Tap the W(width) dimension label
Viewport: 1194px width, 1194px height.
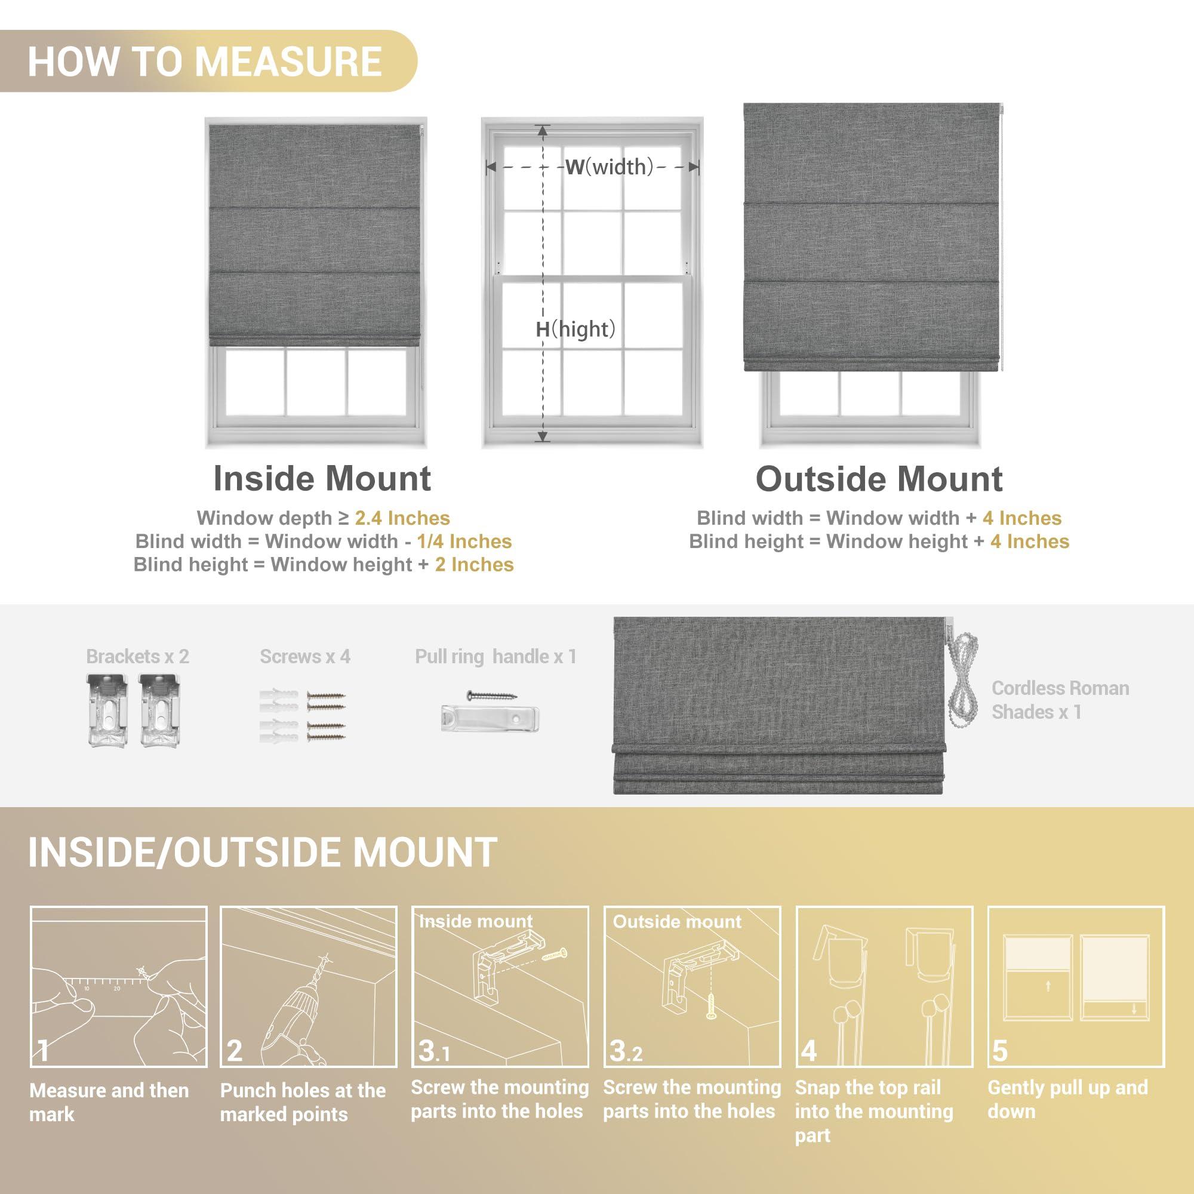coord(610,167)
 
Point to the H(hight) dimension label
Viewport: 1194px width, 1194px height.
coord(576,329)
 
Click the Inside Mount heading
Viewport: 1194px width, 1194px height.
coord(322,478)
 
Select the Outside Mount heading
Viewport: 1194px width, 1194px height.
coord(879,479)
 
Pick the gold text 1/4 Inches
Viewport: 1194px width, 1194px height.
coord(464,541)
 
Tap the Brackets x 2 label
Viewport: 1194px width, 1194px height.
coord(137,656)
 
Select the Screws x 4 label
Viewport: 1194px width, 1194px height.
coord(304,656)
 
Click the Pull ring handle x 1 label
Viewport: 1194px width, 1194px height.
coord(496,656)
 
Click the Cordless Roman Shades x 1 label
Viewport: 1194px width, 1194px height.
coord(1060,700)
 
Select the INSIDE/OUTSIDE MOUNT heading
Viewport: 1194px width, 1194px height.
coord(263,853)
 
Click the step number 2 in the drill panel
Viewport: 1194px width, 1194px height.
coord(234,1051)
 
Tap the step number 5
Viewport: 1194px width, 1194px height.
coord(999,1051)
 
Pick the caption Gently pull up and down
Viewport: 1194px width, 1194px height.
coord(1067,1100)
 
